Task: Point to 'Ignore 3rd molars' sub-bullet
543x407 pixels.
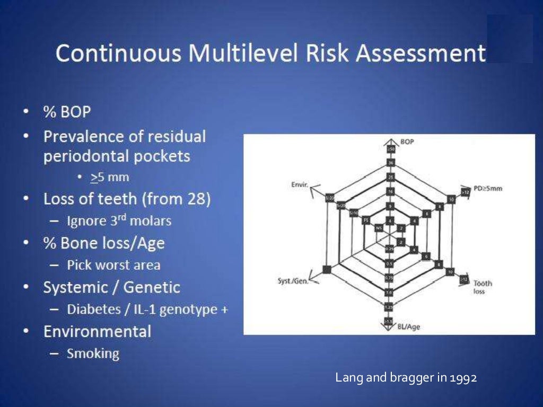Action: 119,220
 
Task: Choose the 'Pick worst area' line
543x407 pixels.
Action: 113,264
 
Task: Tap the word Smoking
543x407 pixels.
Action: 93,353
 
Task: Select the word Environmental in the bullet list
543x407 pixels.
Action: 97,332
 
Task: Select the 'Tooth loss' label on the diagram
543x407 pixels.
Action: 483,287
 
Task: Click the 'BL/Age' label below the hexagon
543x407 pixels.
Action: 408,326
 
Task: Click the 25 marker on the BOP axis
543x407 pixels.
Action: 390,176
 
